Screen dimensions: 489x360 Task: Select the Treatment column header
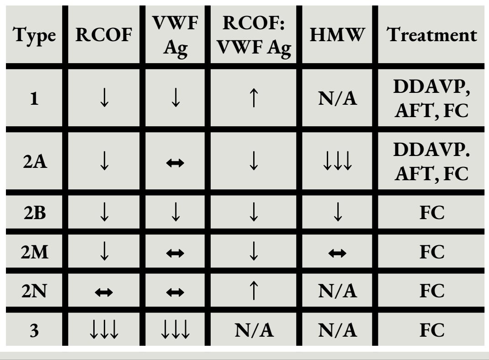432,35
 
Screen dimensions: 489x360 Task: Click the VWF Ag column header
176,36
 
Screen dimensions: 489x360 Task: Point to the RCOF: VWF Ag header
254,36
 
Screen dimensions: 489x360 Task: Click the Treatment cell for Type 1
432,100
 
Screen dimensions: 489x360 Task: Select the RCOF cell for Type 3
104,331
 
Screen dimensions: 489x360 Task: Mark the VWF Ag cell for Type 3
176,331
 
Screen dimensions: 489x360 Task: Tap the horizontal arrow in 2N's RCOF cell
104,290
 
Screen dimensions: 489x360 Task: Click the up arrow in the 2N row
254,290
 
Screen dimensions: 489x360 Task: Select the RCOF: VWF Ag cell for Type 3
254,330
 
